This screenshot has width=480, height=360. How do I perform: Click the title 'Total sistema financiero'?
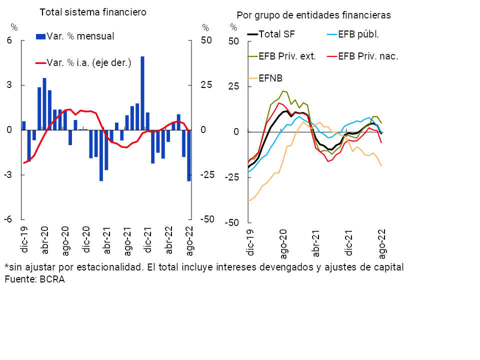93,12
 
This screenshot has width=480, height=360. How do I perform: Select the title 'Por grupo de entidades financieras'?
313,15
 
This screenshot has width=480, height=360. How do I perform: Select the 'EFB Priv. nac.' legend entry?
368,56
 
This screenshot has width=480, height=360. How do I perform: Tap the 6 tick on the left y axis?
9,40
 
